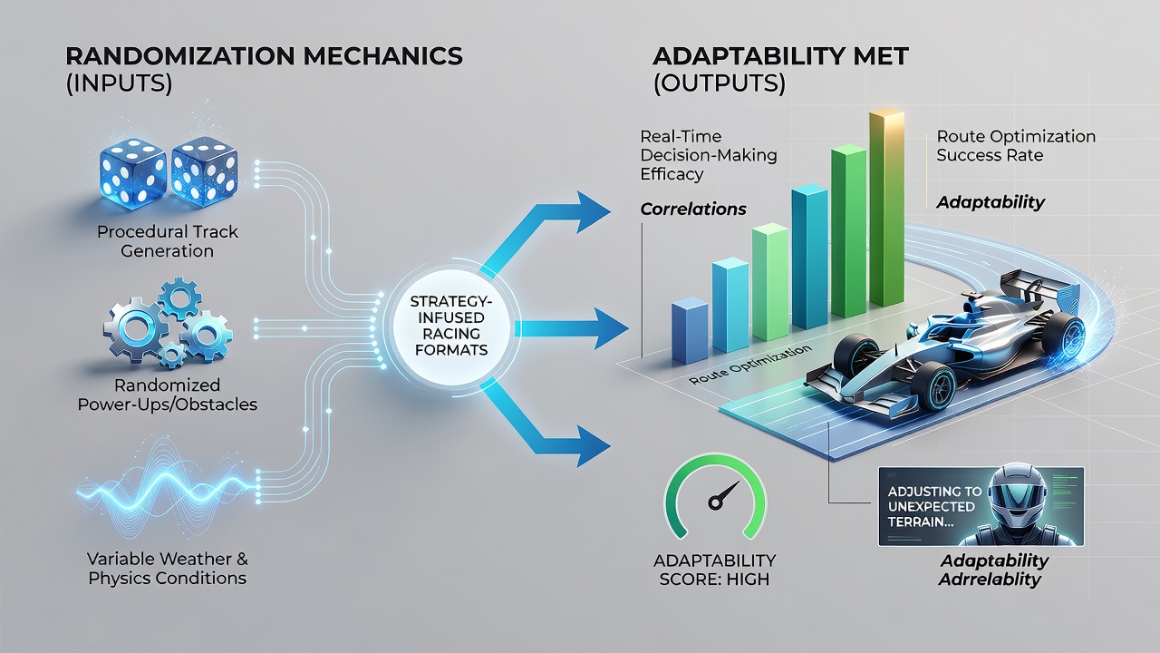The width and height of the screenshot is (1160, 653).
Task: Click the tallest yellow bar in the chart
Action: (x=886, y=208)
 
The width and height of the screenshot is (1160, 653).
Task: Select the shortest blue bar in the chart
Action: (x=690, y=331)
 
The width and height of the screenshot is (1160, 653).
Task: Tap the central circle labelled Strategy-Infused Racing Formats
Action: (x=451, y=326)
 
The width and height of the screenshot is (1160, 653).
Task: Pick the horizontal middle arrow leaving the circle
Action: (x=572, y=328)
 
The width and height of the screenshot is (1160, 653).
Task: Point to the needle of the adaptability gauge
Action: (x=724, y=495)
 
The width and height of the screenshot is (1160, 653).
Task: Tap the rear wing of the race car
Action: (x=1041, y=290)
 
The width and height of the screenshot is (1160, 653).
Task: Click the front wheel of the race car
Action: (x=934, y=386)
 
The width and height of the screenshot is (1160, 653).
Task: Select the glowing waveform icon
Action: (x=167, y=488)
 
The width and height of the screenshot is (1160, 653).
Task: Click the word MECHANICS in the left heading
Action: (x=382, y=56)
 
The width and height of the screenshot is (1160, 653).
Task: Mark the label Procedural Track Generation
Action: (x=168, y=241)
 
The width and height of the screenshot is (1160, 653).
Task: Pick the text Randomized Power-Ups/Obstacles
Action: (x=168, y=395)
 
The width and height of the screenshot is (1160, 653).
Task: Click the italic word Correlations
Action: (x=693, y=209)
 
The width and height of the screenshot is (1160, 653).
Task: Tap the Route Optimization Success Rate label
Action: (x=1016, y=146)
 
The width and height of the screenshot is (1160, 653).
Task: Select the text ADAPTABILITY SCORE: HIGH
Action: (x=715, y=569)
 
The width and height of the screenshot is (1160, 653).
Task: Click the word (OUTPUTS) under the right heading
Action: (x=720, y=83)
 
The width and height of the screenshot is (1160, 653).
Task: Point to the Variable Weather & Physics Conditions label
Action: (x=168, y=568)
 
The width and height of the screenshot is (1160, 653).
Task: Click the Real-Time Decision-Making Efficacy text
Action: (x=709, y=155)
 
